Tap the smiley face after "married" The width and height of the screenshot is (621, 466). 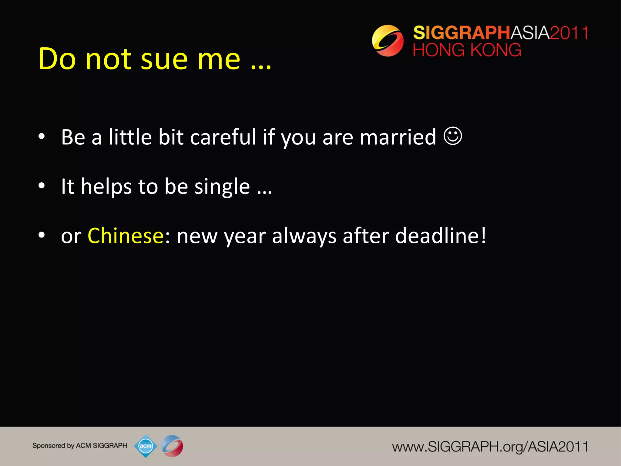[x=453, y=136]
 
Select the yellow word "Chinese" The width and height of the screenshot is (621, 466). [x=126, y=236]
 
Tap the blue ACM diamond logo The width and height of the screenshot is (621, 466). [x=146, y=446]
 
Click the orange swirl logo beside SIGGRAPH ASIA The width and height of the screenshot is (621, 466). [x=388, y=41]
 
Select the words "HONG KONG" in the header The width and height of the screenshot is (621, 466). [x=467, y=50]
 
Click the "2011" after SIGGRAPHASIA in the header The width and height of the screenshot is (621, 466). [x=569, y=33]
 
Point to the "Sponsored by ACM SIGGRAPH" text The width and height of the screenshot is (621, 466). [x=80, y=446]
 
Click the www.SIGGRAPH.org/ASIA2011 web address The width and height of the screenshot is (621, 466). [x=490, y=447]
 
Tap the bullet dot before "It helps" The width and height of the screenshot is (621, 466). [x=42, y=186]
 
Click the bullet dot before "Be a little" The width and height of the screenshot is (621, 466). [x=42, y=136]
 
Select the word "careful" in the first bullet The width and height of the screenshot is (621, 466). [x=223, y=137]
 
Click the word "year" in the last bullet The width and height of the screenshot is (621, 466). [x=245, y=237]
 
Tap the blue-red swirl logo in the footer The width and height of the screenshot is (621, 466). [x=172, y=446]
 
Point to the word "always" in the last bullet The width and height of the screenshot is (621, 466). [x=304, y=237]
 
